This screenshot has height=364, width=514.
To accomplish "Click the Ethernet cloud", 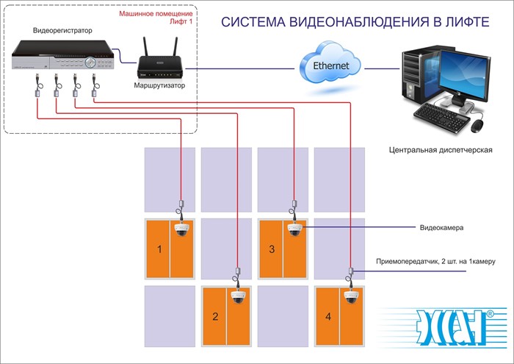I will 332,66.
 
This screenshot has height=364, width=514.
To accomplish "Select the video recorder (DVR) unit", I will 65,57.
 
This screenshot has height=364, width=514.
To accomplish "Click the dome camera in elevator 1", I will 182,229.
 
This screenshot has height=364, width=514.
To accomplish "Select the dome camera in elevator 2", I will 238,297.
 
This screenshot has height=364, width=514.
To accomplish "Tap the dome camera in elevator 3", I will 295,229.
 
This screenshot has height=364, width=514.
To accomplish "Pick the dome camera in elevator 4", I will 351,297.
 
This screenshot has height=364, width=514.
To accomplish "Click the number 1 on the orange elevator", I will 159,250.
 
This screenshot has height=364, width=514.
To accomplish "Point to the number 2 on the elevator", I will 214,318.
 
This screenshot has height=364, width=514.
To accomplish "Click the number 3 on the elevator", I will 272,250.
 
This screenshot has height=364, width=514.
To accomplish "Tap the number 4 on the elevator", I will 328,318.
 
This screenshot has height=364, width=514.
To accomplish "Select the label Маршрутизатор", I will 159,86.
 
